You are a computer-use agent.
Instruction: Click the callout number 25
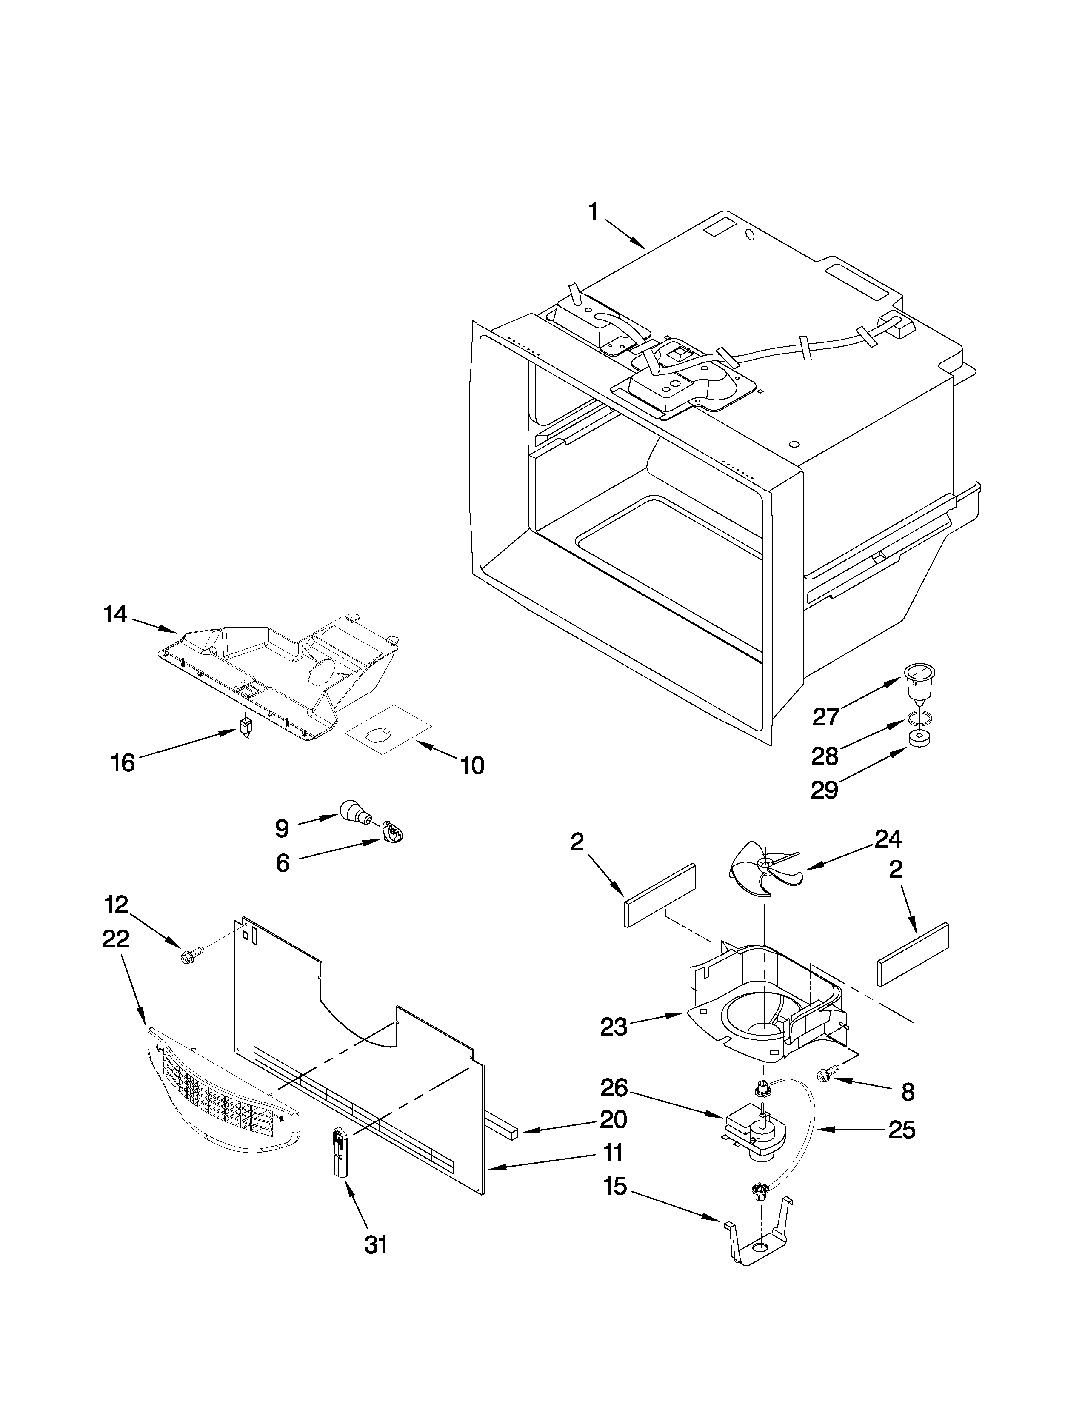tap(901, 1130)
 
